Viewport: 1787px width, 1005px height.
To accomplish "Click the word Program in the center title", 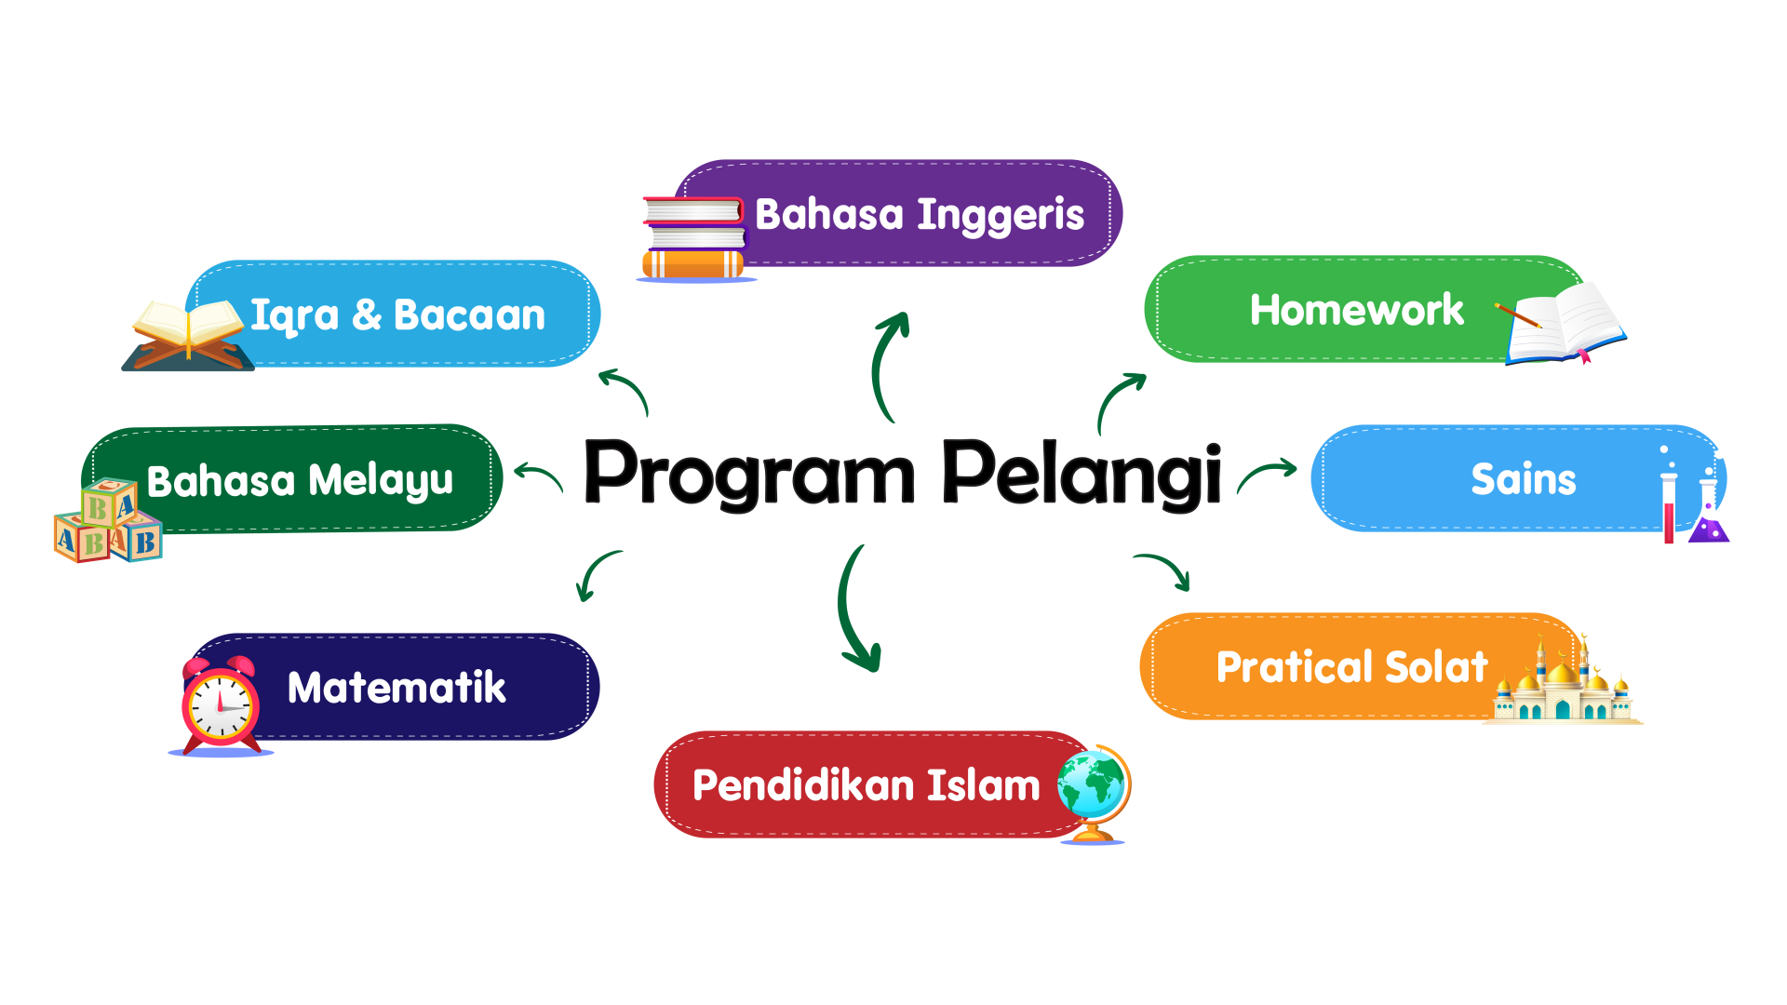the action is click(x=750, y=474).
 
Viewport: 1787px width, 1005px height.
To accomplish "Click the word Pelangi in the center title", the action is click(x=1082, y=474).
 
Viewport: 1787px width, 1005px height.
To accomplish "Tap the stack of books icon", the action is click(x=694, y=238).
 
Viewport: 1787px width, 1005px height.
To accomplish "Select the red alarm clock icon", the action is click(x=221, y=704).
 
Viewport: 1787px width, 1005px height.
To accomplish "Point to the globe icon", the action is click(x=1094, y=793).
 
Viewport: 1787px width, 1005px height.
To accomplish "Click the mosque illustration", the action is click(x=1563, y=683).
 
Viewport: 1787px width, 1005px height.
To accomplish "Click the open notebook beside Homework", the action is click(x=1564, y=323).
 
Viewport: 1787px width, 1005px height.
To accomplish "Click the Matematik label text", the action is click(x=396, y=688).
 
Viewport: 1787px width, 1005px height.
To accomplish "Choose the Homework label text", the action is click(x=1357, y=310).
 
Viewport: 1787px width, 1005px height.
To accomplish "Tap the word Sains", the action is click(x=1524, y=479).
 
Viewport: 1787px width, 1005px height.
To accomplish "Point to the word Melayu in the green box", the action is click(x=381, y=482).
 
